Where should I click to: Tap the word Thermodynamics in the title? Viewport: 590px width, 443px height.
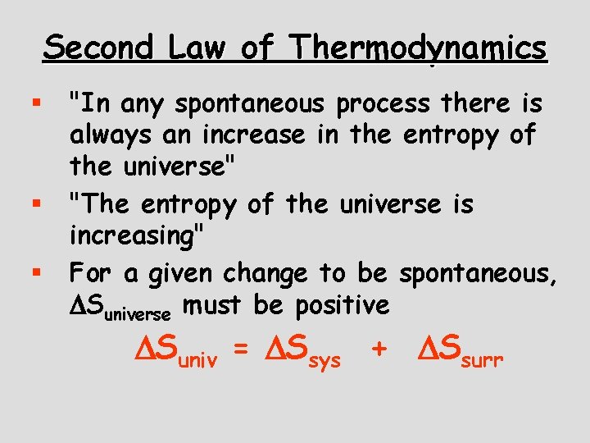[x=420, y=48]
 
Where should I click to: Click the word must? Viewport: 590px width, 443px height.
[x=216, y=304]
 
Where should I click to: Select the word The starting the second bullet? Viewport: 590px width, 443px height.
[x=102, y=204]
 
